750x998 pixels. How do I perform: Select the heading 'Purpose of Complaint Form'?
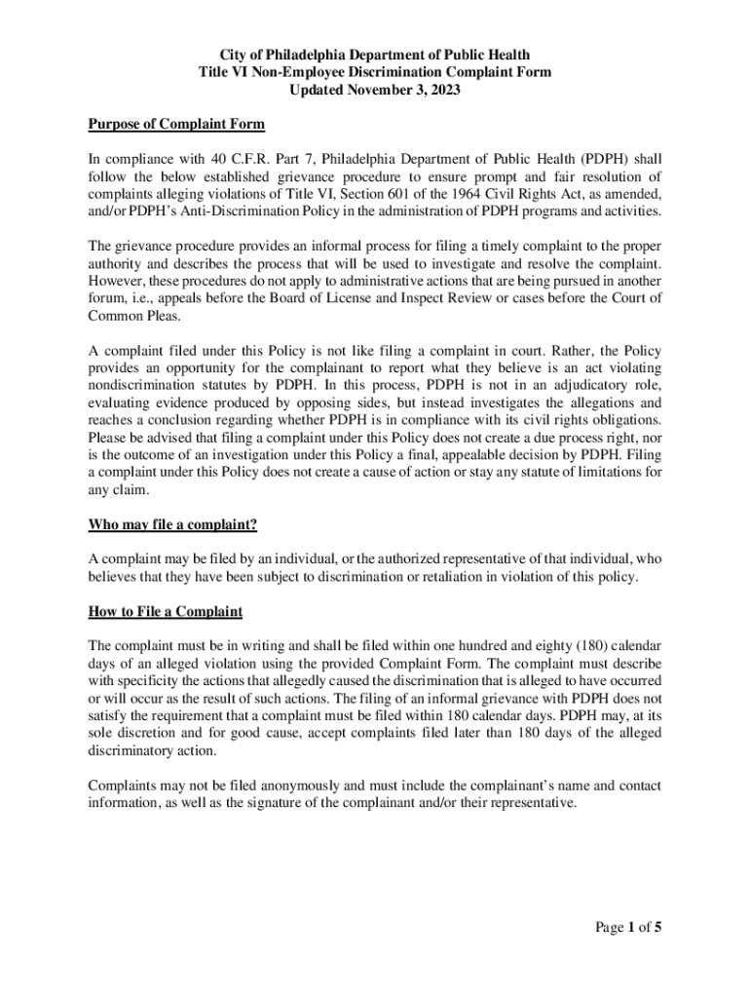(x=176, y=124)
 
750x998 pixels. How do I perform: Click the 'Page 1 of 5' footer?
(x=629, y=927)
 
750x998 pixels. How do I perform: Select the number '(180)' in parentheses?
(x=569, y=646)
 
